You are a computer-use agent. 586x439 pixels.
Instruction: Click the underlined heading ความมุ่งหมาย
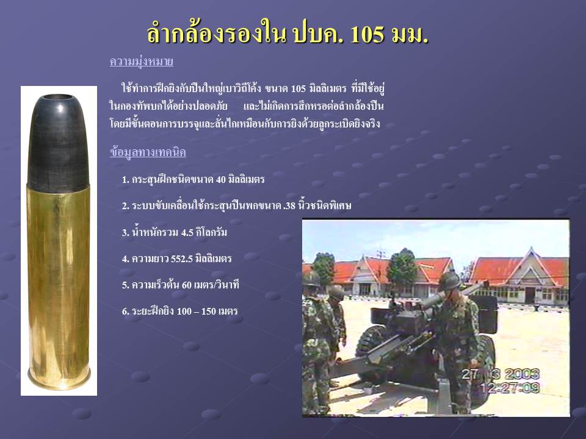click(x=141, y=61)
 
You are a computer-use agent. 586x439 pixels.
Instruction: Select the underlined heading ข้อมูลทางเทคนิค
click(x=148, y=152)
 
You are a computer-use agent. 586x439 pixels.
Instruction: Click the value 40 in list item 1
click(x=221, y=179)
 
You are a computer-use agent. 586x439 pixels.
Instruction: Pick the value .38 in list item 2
click(x=289, y=205)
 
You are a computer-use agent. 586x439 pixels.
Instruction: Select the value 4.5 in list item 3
click(x=187, y=232)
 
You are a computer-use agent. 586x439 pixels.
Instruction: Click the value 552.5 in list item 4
click(x=182, y=259)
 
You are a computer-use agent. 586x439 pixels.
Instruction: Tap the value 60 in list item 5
click(x=187, y=285)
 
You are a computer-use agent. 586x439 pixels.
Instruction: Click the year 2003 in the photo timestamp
click(x=522, y=374)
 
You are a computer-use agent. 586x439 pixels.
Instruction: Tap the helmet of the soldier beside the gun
click(x=450, y=280)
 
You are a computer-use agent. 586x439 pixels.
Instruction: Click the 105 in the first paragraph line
click(x=298, y=89)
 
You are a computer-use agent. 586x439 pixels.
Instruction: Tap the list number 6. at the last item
click(x=126, y=312)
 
